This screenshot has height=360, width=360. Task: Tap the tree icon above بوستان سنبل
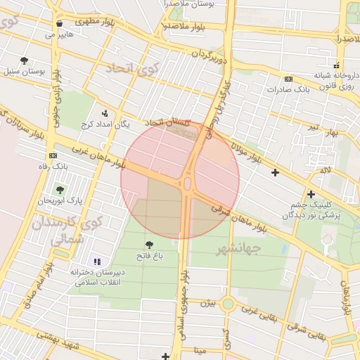pos(25,60)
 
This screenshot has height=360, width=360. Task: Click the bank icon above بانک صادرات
pos(288,79)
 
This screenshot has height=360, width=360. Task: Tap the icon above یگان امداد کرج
pos(105,112)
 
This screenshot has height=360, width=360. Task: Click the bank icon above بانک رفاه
pos(53,155)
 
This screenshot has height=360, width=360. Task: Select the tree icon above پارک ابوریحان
pos(59,189)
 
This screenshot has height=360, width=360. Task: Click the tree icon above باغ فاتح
pos(148,244)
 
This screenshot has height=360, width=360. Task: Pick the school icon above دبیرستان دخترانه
pos(96,262)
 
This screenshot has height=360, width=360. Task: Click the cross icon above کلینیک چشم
pos(311,194)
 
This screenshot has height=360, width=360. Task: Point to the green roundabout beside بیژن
pos(228,304)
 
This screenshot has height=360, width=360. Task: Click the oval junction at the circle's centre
pos(187,184)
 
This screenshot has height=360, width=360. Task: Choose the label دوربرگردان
pos(210,54)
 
